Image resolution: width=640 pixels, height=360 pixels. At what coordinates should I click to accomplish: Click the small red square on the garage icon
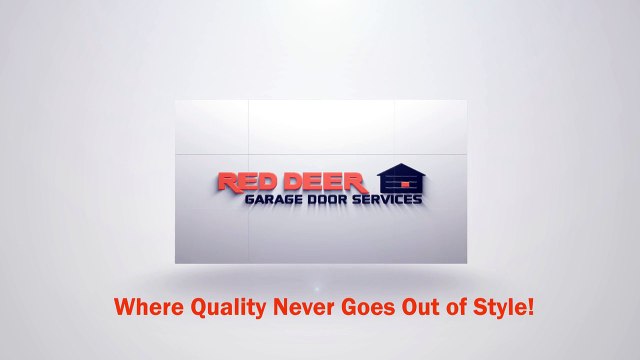click(403, 185)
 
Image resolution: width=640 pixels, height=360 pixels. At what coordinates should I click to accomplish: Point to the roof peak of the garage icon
click(401, 165)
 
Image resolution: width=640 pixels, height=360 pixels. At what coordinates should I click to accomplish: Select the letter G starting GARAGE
click(250, 198)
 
